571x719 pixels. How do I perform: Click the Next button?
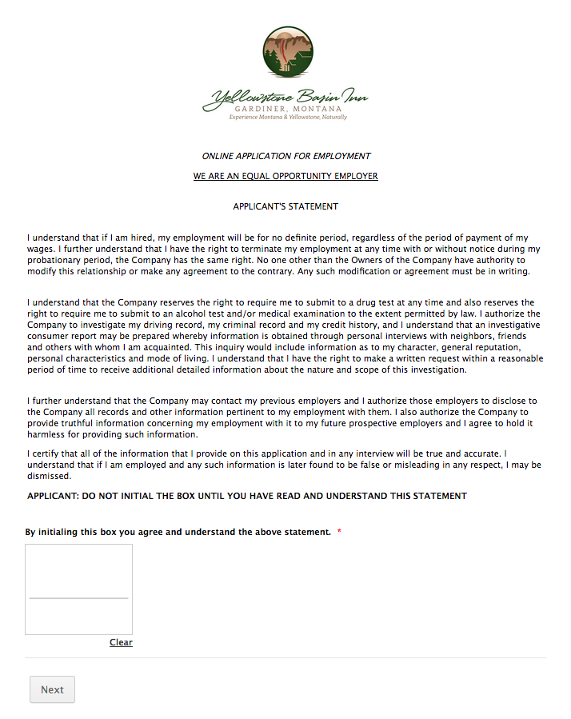coord(52,689)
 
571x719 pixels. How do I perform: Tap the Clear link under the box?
coord(121,642)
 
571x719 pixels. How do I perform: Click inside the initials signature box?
coord(78,572)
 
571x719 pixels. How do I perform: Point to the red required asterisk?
coord(339,532)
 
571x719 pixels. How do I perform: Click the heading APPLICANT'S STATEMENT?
coord(285,206)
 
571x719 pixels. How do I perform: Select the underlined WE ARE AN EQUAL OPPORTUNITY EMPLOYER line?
coord(285,176)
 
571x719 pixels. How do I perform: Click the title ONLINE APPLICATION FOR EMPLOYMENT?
coord(285,156)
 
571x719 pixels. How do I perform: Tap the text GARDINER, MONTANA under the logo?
coord(288,109)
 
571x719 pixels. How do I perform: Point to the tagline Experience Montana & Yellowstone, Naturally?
coord(288,117)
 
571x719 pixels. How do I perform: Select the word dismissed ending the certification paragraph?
coord(49,475)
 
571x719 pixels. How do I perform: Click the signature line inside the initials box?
coord(78,597)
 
